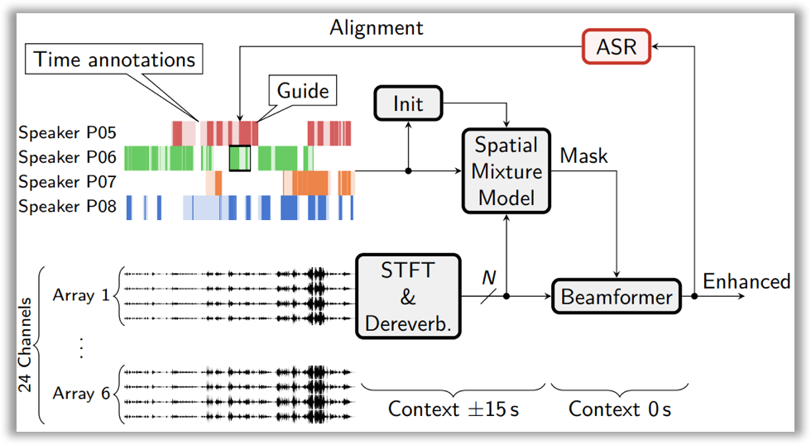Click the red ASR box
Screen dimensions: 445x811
(616, 48)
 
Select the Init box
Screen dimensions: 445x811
(408, 103)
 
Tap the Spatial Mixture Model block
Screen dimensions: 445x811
(506, 172)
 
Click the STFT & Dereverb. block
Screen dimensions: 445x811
(408, 296)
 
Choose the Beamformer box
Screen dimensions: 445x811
(617, 296)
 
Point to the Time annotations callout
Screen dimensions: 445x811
(115, 60)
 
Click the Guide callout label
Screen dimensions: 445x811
(303, 90)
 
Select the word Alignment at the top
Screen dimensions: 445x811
(377, 27)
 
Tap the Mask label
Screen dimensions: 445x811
(583, 156)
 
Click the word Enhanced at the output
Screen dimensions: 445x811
(746, 282)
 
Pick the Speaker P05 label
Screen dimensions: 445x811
(68, 132)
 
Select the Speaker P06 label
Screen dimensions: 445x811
(68, 157)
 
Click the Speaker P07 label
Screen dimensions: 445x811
(68, 182)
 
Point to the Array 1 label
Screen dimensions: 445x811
(81, 294)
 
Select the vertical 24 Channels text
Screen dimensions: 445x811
(26, 345)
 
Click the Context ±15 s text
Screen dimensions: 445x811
(453, 409)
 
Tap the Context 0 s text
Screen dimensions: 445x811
(620, 409)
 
